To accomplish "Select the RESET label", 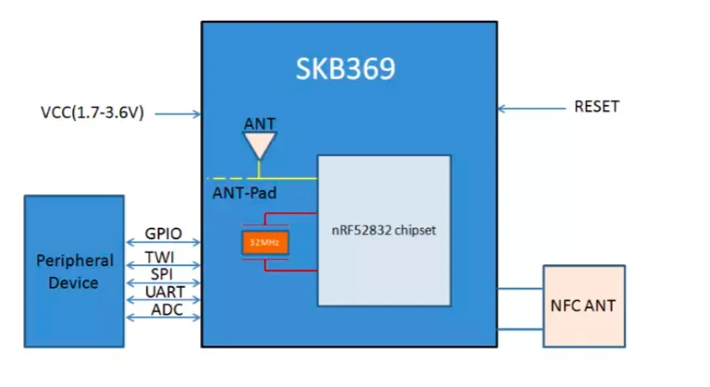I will tap(597, 107).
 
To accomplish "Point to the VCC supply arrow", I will tap(176, 113).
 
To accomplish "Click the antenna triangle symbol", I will tap(259, 145).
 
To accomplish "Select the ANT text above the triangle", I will tap(259, 124).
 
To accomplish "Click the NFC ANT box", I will tap(583, 305).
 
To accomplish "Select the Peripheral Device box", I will tap(73, 271).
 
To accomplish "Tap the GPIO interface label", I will tap(163, 234).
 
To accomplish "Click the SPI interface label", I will tap(163, 274).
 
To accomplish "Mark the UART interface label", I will tap(163, 293).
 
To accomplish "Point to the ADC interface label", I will tap(163, 310).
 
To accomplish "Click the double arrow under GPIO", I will tap(163, 244).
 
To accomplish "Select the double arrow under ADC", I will tap(163, 319).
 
